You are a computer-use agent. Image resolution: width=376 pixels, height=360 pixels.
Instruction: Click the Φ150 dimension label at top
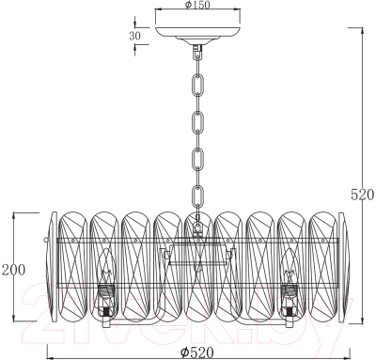197,5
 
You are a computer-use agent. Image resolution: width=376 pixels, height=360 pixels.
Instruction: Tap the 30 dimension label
134,36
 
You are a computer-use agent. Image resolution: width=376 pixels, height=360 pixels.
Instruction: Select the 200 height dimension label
13,270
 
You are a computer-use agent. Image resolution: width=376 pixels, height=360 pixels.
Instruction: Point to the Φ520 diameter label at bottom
197,352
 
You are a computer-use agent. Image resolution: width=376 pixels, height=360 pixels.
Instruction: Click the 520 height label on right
362,195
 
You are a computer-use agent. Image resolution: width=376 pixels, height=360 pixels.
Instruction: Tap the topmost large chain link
198,84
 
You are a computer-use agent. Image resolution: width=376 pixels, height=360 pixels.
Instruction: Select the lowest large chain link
198,196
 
